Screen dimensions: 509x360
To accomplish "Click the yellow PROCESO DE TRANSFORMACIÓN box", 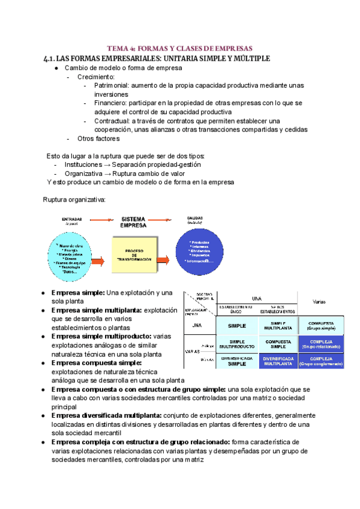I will click(134, 253).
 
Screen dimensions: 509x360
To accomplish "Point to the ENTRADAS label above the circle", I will click(72, 220).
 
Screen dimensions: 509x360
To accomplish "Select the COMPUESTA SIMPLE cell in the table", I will click(278, 343).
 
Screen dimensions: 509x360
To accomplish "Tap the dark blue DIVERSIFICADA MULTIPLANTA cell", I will click(278, 361).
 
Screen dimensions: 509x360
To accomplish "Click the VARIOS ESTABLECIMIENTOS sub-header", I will click(277, 310).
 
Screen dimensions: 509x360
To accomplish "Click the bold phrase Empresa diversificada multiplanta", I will click(106, 416).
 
